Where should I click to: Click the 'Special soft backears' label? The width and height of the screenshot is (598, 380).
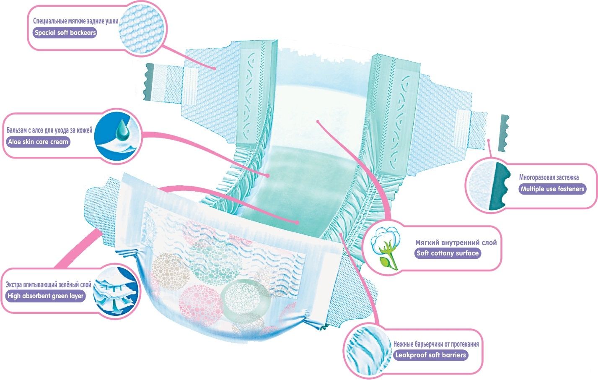coord(65,33)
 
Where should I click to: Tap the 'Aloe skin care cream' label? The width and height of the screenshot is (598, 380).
coord(38,142)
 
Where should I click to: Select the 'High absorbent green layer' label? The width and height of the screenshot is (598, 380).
coord(45,296)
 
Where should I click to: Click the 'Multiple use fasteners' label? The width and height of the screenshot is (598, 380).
coord(552,189)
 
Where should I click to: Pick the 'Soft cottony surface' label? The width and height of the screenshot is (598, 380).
coord(447,253)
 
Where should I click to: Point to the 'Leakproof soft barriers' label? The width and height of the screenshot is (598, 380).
coord(430,355)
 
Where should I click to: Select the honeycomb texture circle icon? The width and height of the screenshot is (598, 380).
coord(142,28)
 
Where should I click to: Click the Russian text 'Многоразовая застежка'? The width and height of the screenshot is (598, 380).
coord(549,177)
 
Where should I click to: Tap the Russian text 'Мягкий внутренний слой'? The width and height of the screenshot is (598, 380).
coord(456,242)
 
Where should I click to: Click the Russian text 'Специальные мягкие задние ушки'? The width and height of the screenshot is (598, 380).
coord(75,21)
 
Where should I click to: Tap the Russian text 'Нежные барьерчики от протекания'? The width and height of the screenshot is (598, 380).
coord(436,344)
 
